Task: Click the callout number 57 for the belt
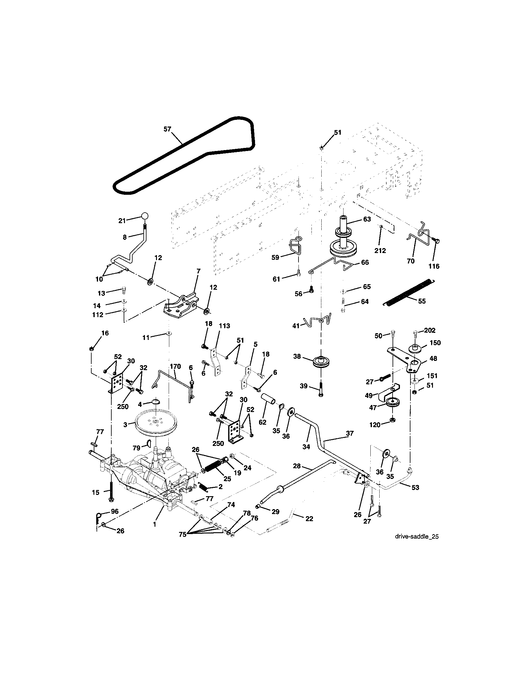[167, 129]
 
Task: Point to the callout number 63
[367, 219]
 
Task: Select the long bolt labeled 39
[320, 388]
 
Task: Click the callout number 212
[380, 251]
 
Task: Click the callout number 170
[175, 366]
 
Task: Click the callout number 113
[224, 326]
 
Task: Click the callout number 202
[430, 330]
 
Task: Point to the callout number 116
[434, 266]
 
